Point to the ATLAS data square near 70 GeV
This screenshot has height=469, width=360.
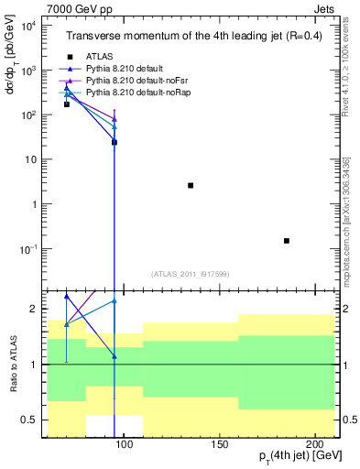pyautogui.click(x=66, y=104)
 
